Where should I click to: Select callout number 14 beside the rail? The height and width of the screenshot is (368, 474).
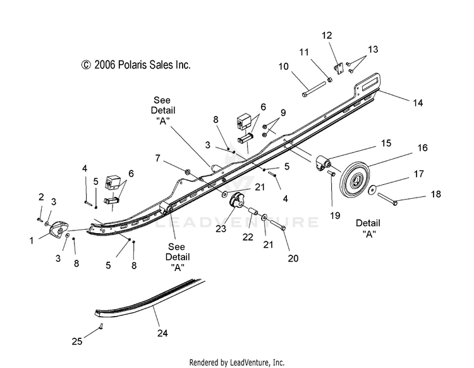(x=418, y=103)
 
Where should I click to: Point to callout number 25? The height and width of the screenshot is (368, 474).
(x=76, y=341)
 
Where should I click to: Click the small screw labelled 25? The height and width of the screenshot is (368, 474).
(x=101, y=326)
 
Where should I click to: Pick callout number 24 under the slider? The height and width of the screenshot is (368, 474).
(x=162, y=333)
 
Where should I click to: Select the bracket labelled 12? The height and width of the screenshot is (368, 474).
(x=339, y=69)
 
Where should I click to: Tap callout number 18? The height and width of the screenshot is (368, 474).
(x=435, y=194)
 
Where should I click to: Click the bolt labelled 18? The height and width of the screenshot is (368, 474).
(x=387, y=200)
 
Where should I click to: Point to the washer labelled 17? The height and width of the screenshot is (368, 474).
(x=372, y=189)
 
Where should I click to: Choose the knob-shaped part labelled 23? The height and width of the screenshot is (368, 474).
(x=237, y=201)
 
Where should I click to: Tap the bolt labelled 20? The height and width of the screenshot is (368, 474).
(x=277, y=225)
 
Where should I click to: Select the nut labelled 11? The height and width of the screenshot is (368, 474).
(x=330, y=80)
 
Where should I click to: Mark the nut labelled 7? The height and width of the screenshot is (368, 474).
(x=188, y=172)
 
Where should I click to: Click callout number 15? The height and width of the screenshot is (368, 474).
(x=386, y=143)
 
